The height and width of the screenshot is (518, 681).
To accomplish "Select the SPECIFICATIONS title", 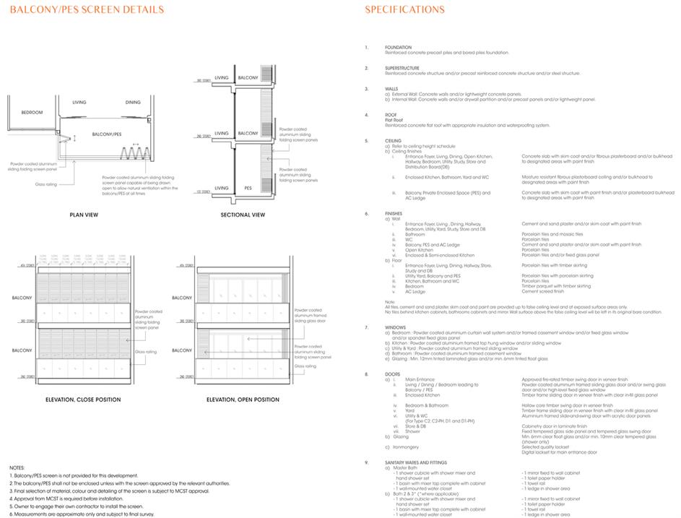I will pos(404,9).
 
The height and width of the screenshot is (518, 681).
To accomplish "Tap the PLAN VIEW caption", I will pos(84,215).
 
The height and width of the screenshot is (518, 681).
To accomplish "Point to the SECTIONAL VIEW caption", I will pos(243,215).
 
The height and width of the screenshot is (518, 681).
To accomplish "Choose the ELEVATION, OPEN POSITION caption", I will pos(243,400).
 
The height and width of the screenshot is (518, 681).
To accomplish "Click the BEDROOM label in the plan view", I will pos(32,112).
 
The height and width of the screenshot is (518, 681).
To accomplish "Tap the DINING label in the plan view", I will pos(133,103).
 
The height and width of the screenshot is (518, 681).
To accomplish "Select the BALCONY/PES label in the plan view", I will pos(107,134).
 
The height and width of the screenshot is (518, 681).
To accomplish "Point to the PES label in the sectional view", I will pos(248,187).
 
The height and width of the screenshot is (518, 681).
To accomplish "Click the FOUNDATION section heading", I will pos(398,48).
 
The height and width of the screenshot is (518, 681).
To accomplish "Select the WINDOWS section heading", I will pos(396,327).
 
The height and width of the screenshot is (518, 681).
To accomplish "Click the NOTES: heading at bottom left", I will pos(17,468).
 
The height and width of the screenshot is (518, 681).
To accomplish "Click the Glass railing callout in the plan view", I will pos(45,184).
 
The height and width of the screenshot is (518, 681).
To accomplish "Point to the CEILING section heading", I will pos(394,141).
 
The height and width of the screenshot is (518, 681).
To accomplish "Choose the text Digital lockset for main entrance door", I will pos(559,452).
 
